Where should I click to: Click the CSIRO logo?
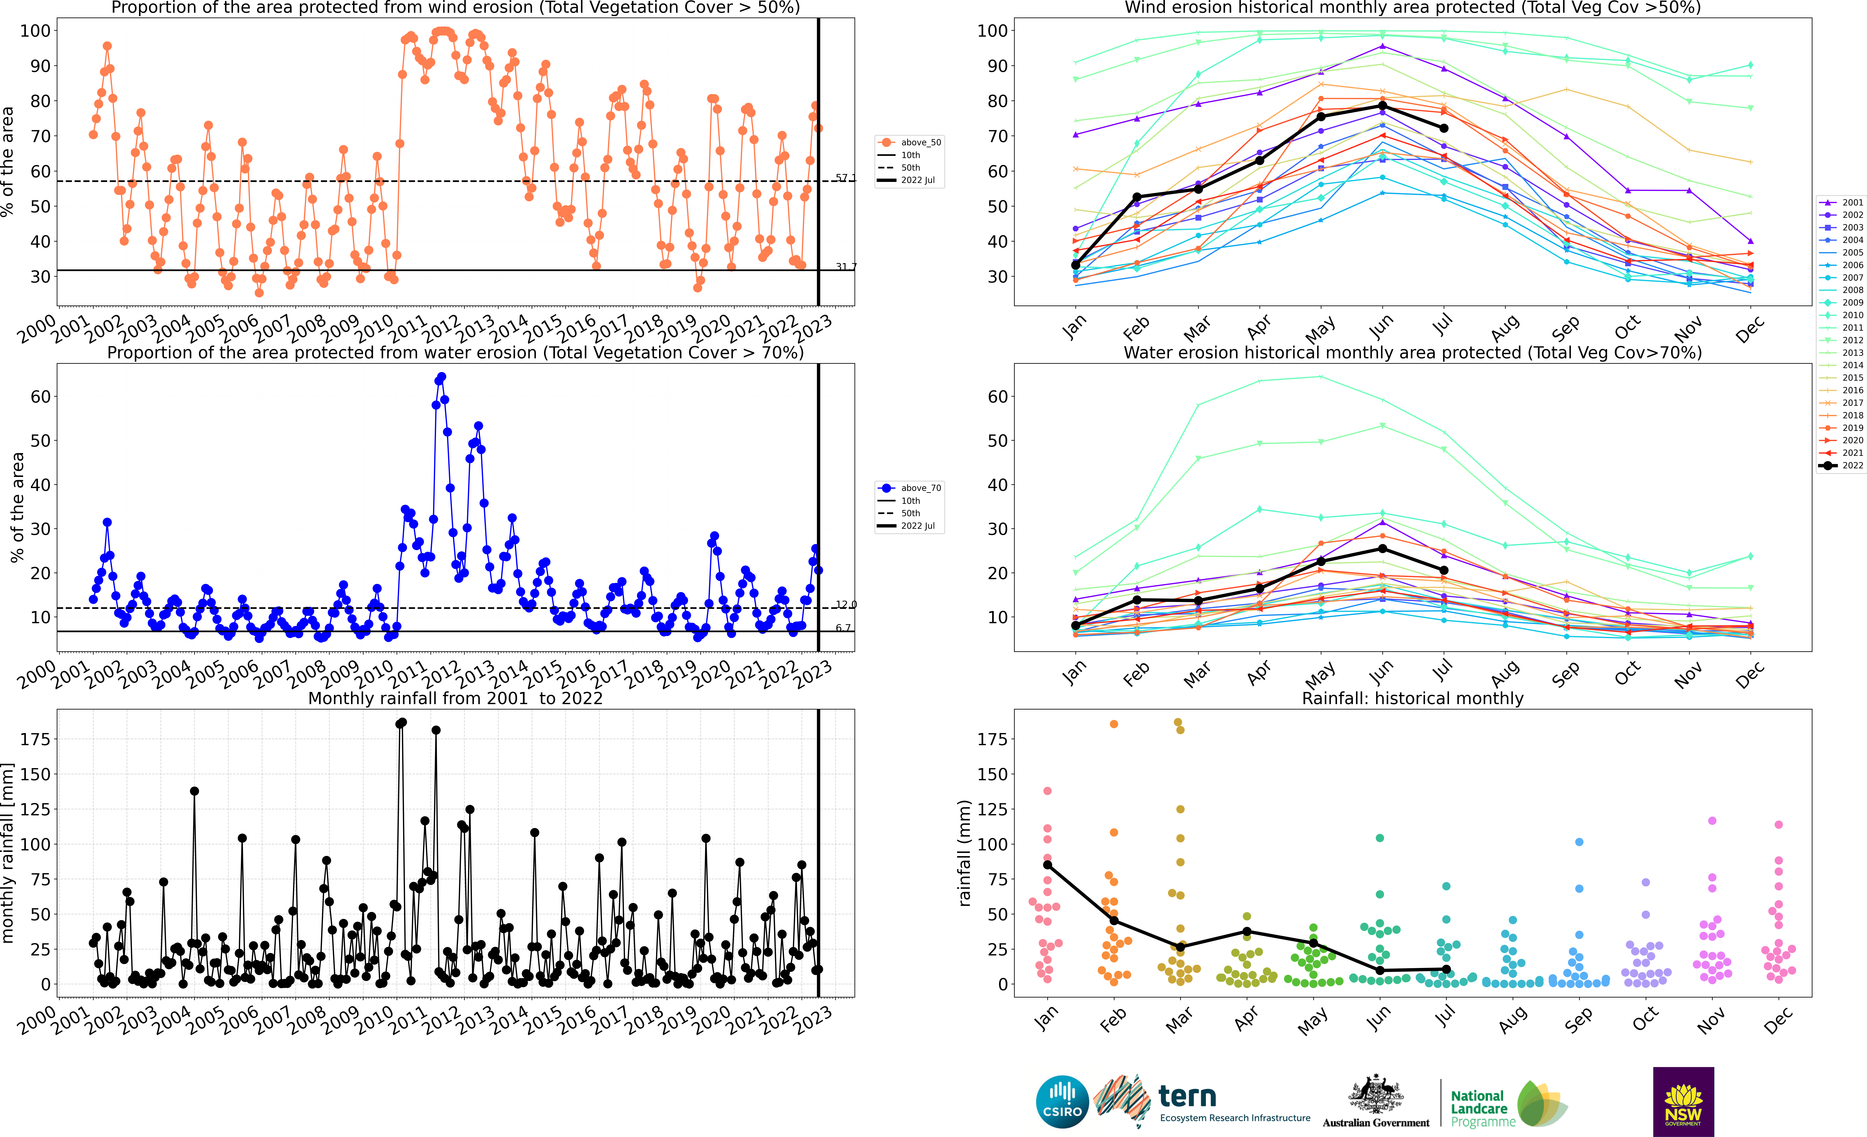(x=1062, y=1101)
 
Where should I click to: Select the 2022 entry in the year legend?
(x=1841, y=465)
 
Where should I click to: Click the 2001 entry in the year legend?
(x=1841, y=202)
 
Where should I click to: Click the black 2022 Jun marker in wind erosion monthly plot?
(x=1383, y=105)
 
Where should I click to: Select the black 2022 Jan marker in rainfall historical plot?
(x=1047, y=865)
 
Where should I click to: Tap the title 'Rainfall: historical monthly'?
(x=1412, y=698)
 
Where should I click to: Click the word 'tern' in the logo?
(x=1187, y=1096)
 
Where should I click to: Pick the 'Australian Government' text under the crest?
(x=1376, y=1123)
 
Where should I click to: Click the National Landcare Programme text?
(x=1483, y=1109)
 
